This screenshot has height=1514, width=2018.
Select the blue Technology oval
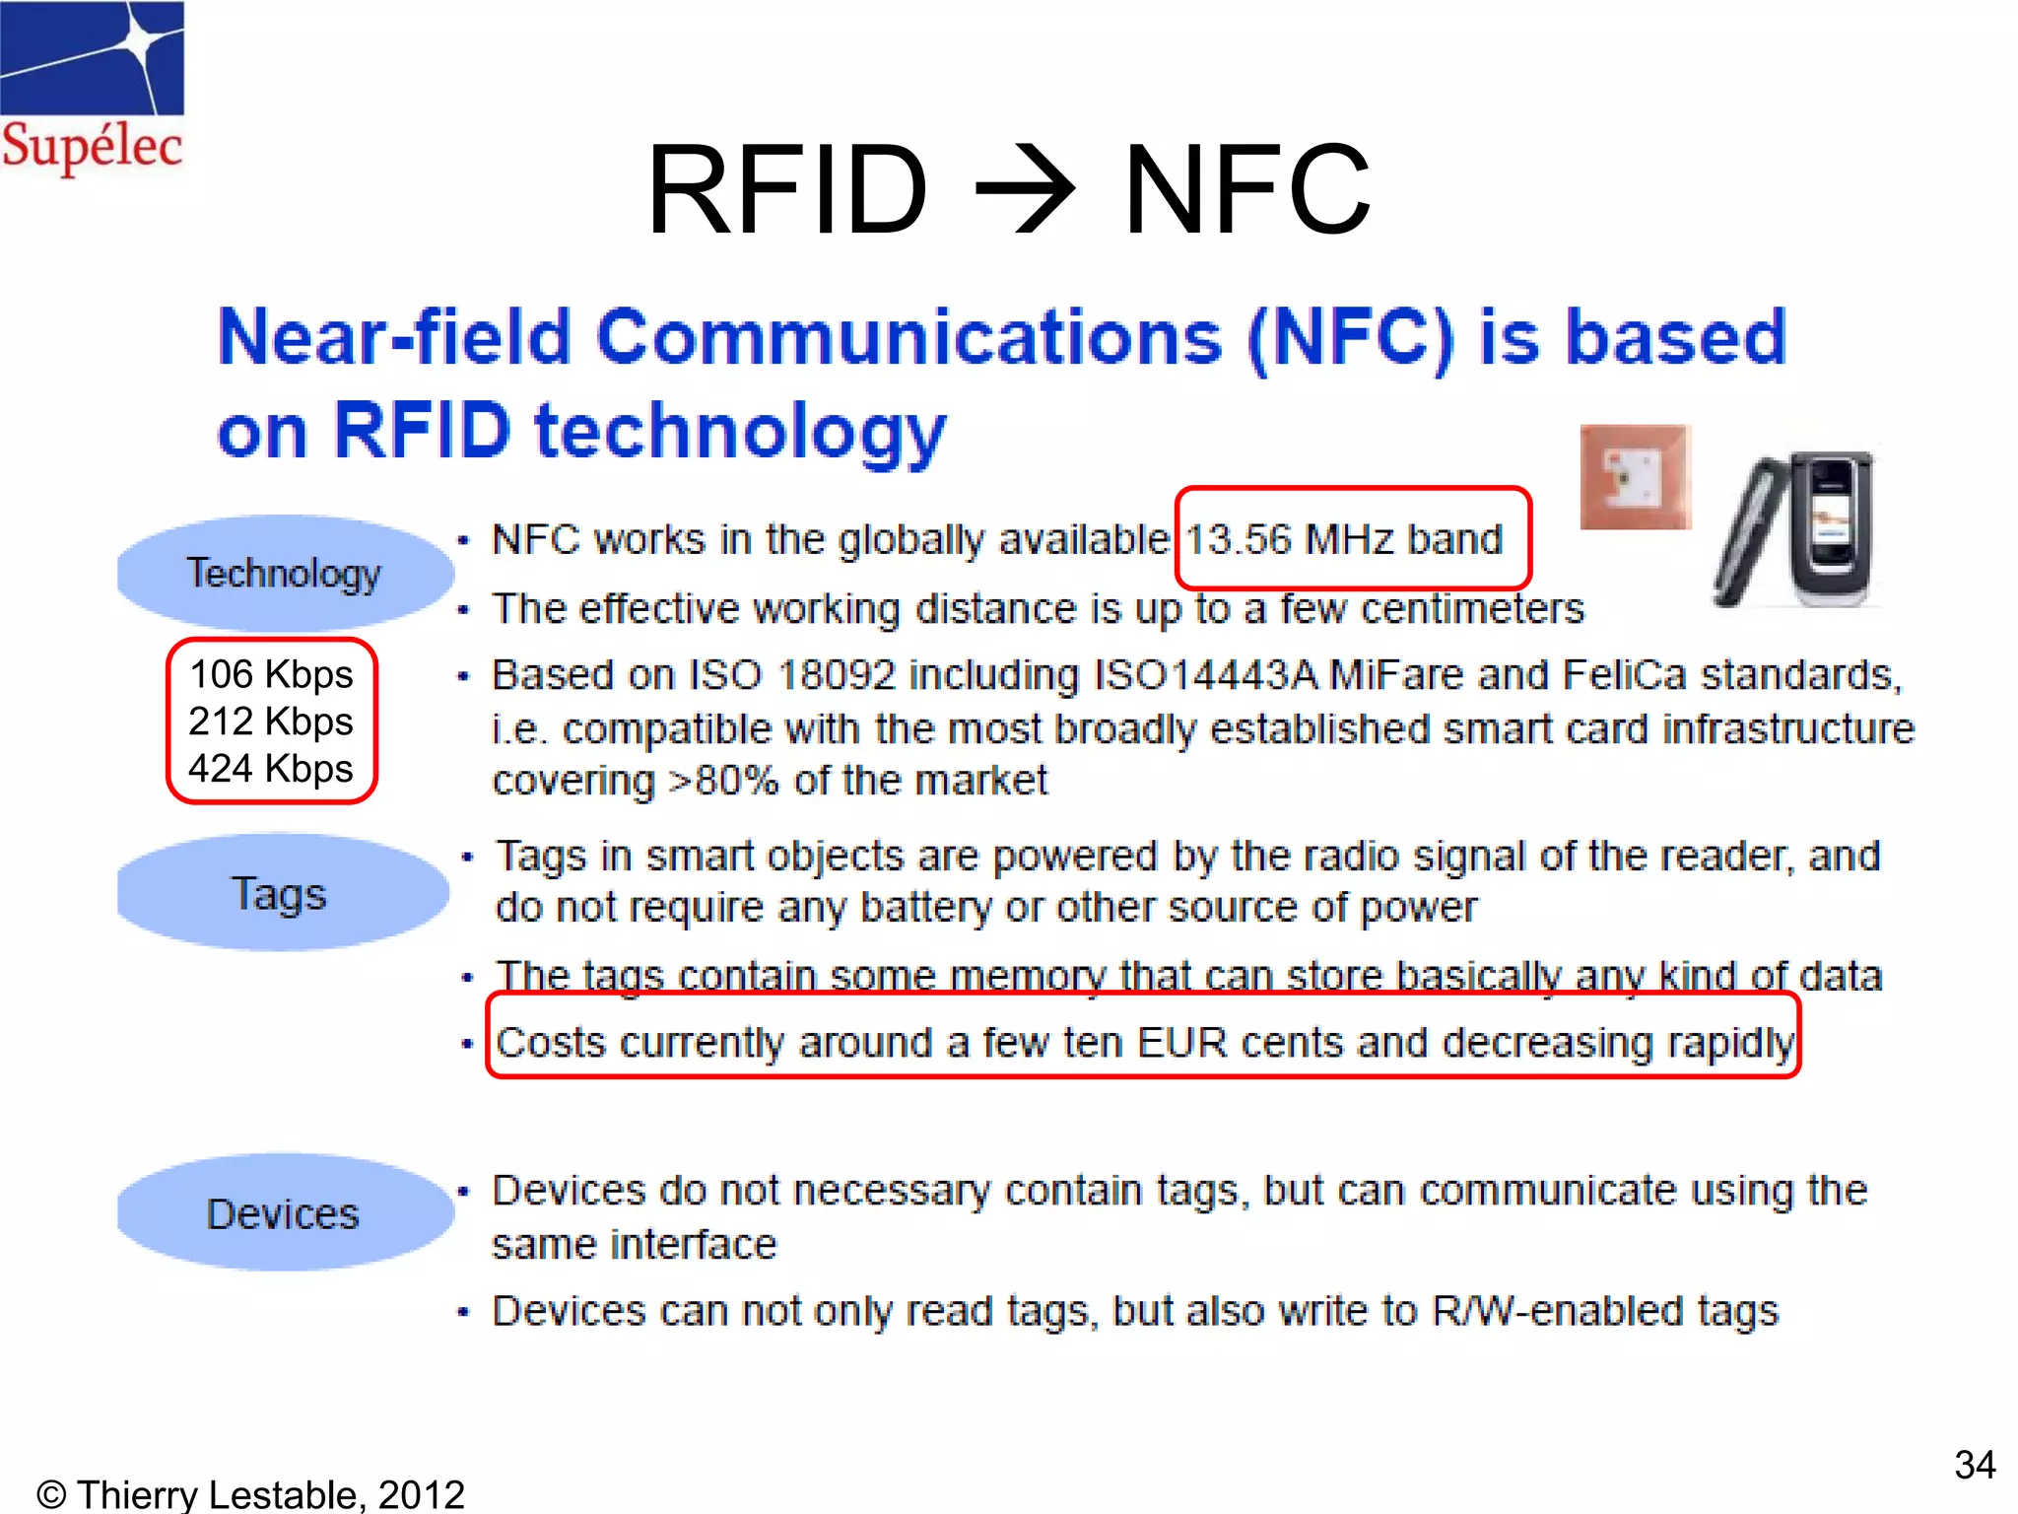[284, 573]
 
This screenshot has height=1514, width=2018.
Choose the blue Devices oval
[283, 1213]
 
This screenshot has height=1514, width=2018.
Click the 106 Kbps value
[271, 675]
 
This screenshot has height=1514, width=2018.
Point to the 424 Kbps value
[271, 769]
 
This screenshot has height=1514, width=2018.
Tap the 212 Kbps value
[271, 722]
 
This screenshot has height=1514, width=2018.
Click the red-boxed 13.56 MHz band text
[1344, 540]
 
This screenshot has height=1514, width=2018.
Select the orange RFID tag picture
[1635, 477]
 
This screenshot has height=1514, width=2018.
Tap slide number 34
[1974, 1465]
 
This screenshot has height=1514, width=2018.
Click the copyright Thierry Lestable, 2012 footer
[250, 1494]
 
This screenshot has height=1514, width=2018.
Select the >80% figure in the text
[724, 781]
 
